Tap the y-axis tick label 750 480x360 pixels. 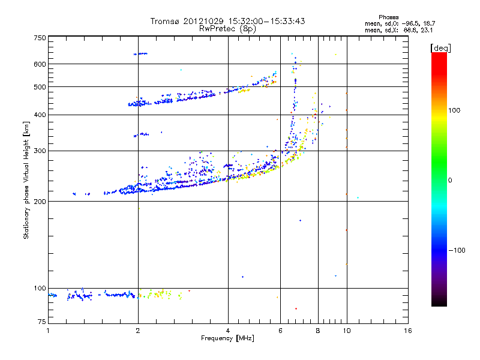point(40,38)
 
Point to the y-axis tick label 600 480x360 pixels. point(40,64)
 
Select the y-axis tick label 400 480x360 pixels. point(40,115)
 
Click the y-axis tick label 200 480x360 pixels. point(40,201)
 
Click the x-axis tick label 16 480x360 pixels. point(407,331)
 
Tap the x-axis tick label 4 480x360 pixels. point(228,331)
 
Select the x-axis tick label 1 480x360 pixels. point(48,331)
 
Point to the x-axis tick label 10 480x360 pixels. point(346,331)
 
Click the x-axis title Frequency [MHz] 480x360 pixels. point(227,338)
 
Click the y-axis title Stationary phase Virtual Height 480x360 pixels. point(26,180)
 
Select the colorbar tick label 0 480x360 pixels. point(451,180)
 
